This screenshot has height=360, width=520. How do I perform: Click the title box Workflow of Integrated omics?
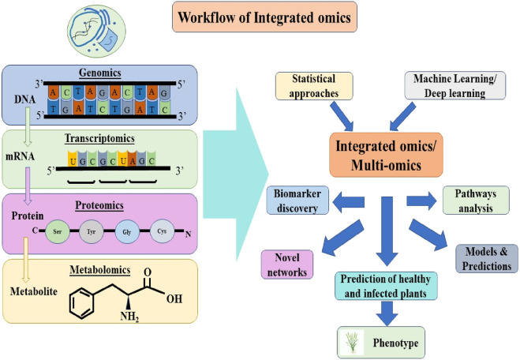tap(264, 17)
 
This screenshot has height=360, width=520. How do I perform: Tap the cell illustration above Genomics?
tap(96, 31)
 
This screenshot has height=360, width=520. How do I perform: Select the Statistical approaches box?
tap(314, 86)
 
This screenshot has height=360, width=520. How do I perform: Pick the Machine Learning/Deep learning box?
tap(455, 85)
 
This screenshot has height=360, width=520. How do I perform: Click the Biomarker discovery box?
tap(297, 201)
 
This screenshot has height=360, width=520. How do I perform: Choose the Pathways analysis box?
tap(476, 201)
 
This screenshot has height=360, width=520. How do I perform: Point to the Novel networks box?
tap(287, 264)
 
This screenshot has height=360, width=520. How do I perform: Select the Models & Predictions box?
tap(487, 259)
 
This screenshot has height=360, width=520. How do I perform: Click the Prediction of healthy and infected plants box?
tap(386, 286)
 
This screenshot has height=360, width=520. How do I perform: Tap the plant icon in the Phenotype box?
tap(351, 343)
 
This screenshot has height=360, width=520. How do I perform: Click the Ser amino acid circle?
tap(58, 231)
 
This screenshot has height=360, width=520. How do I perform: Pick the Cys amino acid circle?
tap(162, 231)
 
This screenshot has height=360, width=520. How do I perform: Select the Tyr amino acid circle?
tap(92, 231)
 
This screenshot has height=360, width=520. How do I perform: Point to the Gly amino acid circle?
tap(127, 232)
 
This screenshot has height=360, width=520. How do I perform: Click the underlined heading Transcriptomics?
tap(99, 138)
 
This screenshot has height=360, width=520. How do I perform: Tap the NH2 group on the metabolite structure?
tap(129, 316)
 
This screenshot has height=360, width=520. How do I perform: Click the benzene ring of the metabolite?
tap(82, 303)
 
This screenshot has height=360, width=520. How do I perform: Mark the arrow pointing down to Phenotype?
tap(387, 313)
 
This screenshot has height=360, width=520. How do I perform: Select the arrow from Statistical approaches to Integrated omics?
tap(342, 116)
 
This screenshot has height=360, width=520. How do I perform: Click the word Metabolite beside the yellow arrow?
tap(33, 291)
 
